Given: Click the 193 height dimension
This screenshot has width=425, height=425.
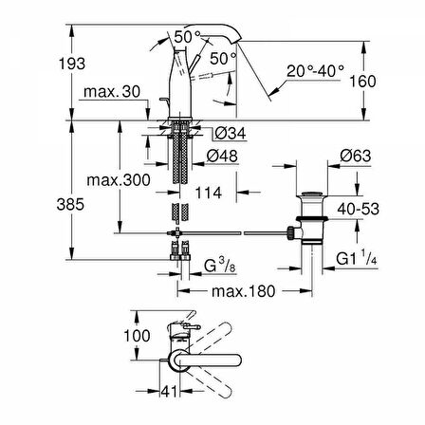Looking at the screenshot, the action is pos(72,64).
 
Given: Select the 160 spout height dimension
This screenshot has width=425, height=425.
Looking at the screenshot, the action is pos(362,82).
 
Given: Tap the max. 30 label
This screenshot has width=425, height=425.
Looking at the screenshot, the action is pos(112,92).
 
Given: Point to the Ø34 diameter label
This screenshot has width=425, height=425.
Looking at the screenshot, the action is pos(231,133).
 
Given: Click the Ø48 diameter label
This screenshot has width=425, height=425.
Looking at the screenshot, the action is pos(222,156).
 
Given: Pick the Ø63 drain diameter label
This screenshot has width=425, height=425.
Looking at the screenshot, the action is pos(356,156).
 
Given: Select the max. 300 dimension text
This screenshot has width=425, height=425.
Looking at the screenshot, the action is pos(119,180).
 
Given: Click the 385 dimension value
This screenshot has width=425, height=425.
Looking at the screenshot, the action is pos(70,204).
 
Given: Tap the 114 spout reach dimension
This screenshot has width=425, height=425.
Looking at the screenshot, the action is pos(209,193).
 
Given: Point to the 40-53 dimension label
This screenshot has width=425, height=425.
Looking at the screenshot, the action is pos(359,209).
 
